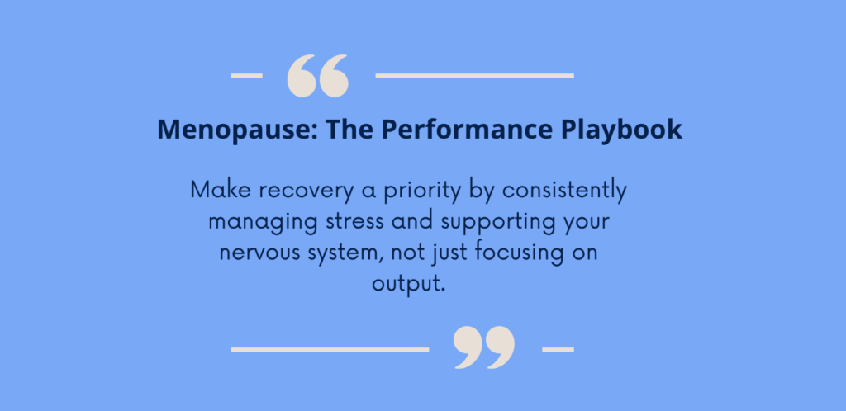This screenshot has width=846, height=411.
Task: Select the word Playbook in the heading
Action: click(x=621, y=130)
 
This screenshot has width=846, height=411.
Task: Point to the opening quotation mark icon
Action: click(x=318, y=76)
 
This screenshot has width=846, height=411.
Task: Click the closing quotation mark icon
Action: click(x=484, y=347)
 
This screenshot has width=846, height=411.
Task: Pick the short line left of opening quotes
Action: click(x=246, y=76)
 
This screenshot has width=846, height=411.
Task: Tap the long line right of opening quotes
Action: click(x=475, y=76)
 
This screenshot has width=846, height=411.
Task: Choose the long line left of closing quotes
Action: click(x=330, y=350)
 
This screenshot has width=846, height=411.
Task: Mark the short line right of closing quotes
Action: click(x=558, y=350)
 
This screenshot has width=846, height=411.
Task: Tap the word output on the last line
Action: click(x=405, y=284)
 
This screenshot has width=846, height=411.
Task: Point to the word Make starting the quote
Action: click(x=221, y=190)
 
